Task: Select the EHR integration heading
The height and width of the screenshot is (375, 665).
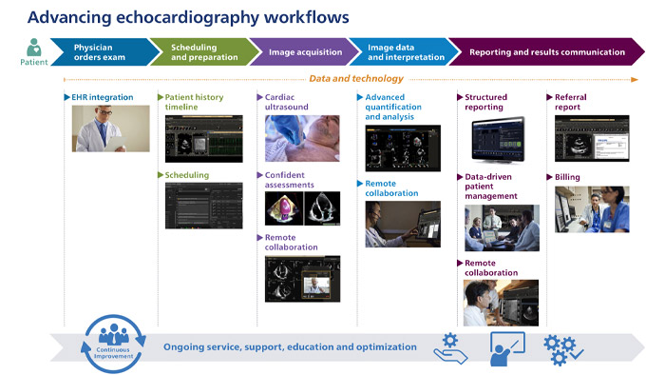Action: coord(103,97)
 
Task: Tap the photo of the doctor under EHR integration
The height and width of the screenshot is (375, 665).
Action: coord(110,128)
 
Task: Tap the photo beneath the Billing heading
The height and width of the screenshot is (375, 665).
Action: coord(591,209)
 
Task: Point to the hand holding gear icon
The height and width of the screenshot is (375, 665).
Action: coord(450,347)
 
